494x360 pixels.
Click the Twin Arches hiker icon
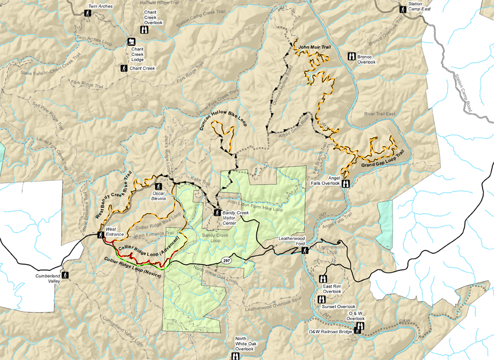[88, 13]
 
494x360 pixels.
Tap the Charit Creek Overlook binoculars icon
[144, 30]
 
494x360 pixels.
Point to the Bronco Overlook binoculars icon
[350, 56]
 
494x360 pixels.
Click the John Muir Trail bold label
[314, 46]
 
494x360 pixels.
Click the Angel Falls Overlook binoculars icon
[346, 184]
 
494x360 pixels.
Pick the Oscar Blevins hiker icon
[159, 186]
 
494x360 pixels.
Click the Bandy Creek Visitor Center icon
[217, 212]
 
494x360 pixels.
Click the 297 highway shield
[226, 260]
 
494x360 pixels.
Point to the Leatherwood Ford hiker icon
[305, 249]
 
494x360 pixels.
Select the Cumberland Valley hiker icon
[65, 275]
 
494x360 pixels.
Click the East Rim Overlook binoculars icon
[323, 279]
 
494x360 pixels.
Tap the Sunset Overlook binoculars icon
[321, 299]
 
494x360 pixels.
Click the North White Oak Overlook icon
[234, 356]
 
